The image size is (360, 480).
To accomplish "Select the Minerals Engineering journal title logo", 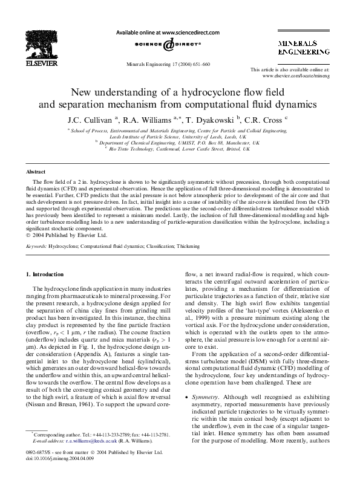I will click(x=303, y=48).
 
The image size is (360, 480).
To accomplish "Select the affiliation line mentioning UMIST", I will click(x=180, y=143).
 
